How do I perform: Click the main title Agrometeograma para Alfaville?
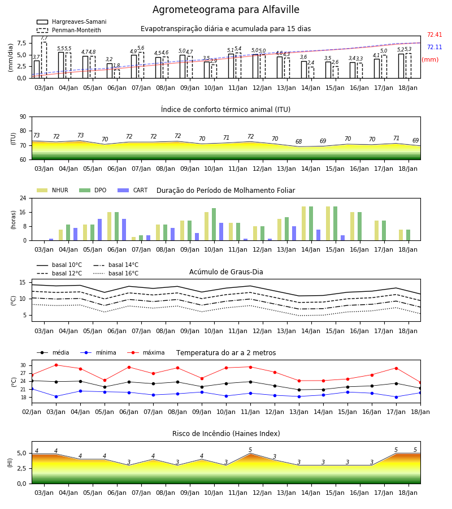[x=225, y=10]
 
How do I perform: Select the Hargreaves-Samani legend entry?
[x=72, y=21]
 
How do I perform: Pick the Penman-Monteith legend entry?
[x=69, y=30]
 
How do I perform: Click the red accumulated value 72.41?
[x=434, y=34]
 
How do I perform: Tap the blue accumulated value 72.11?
[x=434, y=47]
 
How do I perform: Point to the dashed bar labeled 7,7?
[x=44, y=60]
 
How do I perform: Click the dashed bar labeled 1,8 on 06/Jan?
[x=117, y=74]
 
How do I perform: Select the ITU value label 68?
[x=299, y=141]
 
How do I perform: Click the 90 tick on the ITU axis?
[x=23, y=117]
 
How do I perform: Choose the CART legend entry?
[x=133, y=190]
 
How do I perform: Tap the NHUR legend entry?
[x=53, y=190]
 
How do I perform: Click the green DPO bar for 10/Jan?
[x=214, y=225]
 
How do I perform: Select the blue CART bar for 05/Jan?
[x=99, y=230]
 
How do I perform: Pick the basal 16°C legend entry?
[x=116, y=273]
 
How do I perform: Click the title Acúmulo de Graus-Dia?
[x=226, y=272]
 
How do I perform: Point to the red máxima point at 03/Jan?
[x=56, y=365]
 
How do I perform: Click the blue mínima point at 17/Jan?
[x=396, y=397]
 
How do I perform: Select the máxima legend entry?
[x=146, y=352]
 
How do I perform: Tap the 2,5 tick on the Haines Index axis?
[x=21, y=468]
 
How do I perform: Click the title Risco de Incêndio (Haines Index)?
[x=226, y=434]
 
